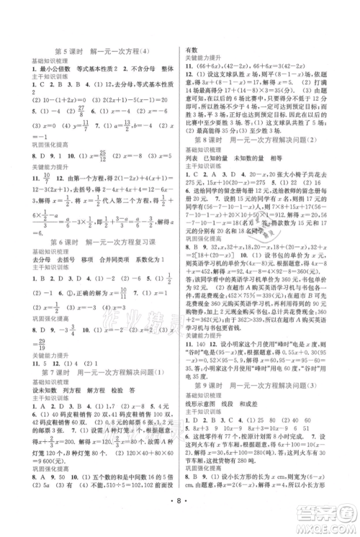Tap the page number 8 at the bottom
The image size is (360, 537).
tap(181, 515)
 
